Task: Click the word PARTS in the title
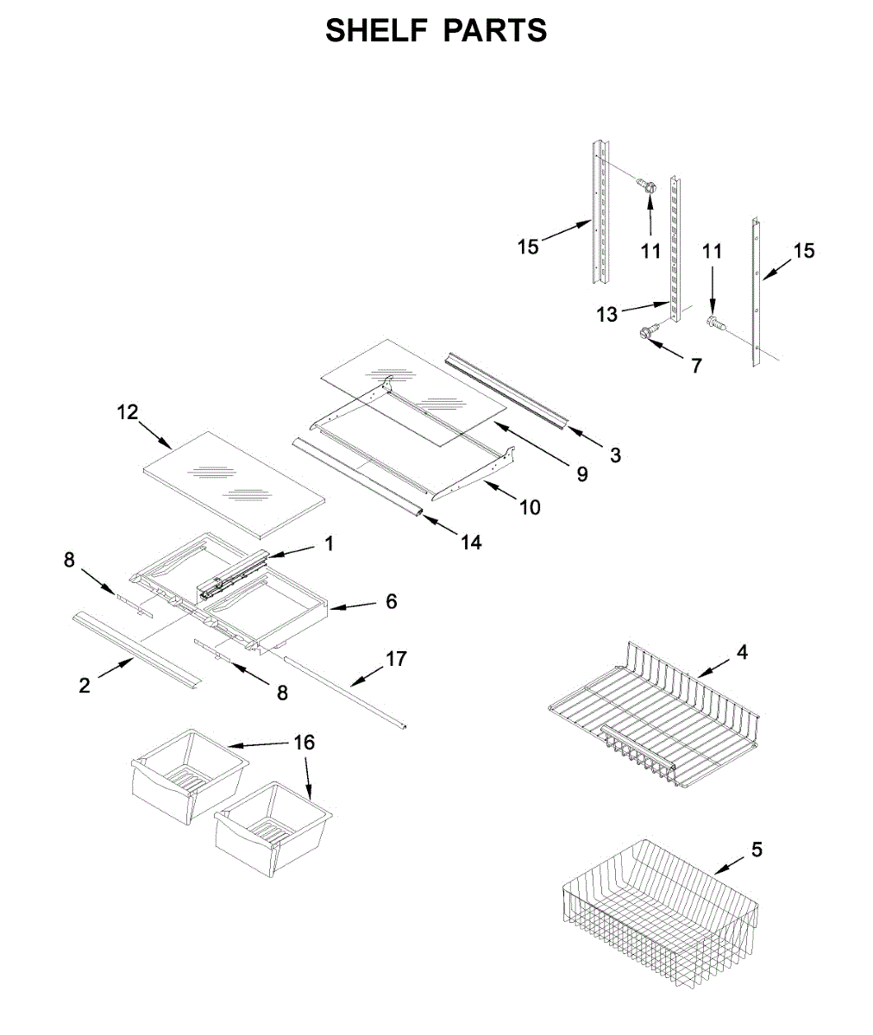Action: (495, 31)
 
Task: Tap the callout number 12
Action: (128, 412)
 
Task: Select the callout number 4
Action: (742, 652)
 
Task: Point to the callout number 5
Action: (757, 850)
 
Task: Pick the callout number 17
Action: (395, 659)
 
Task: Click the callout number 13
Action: (607, 315)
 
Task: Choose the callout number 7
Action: (696, 365)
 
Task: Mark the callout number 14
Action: (470, 543)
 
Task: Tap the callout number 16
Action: (305, 742)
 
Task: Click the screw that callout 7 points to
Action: (649, 331)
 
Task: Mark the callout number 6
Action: (391, 601)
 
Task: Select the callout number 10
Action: (530, 507)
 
